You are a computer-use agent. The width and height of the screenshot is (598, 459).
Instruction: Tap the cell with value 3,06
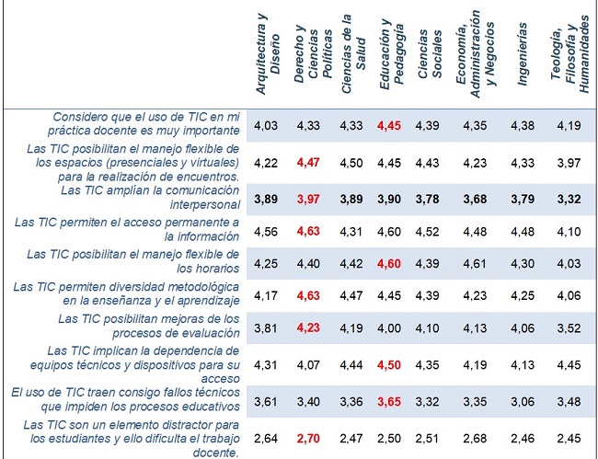[x=523, y=398]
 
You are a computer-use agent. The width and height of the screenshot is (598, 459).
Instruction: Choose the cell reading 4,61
[x=476, y=263]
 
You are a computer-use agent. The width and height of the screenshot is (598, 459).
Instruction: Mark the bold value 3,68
[x=476, y=199]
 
